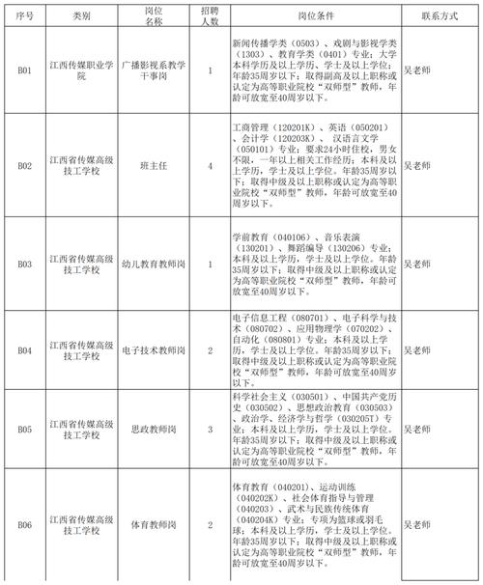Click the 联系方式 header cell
click(440, 17)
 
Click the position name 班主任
click(154, 165)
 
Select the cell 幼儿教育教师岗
click(154, 263)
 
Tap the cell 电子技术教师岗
click(154, 351)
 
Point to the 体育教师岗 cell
click(154, 524)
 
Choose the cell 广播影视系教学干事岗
click(154, 70)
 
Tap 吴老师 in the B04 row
click(415, 351)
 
